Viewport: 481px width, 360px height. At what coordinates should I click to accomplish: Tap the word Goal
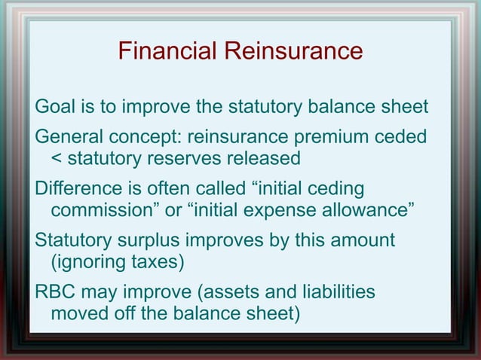coord(54,107)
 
